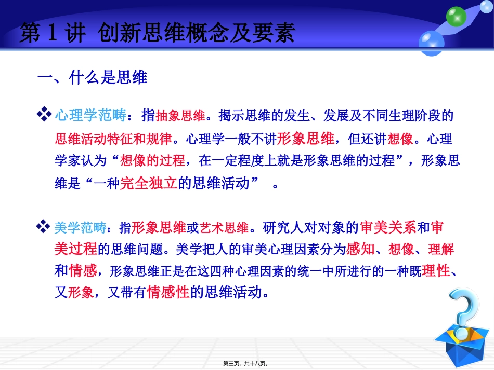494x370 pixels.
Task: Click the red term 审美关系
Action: point(388,227)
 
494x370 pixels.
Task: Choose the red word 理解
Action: point(441,250)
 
